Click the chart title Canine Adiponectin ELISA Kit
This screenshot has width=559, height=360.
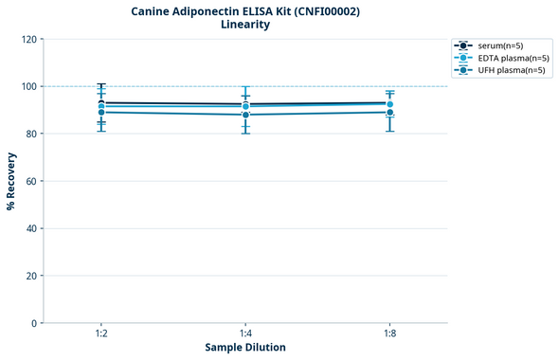pos(245,11)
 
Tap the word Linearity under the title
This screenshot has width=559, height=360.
pos(245,26)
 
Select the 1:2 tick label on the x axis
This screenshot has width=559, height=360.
pos(101,334)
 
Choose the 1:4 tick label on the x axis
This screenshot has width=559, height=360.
pos(245,334)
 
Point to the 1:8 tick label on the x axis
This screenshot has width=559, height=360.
pos(389,334)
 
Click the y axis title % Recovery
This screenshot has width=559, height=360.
pos(11,181)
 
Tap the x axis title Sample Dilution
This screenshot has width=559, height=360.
pos(245,348)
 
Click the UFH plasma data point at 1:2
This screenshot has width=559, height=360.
pos(101,112)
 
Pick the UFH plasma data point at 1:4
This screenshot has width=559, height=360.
pos(245,115)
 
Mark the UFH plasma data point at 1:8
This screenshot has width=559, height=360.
pos(389,112)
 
